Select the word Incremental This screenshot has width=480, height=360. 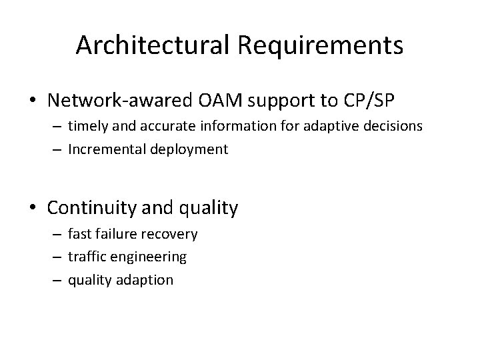(x=103, y=149)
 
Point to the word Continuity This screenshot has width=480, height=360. (x=91, y=208)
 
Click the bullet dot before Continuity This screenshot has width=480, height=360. (x=34, y=209)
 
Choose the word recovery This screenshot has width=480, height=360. (x=173, y=234)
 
